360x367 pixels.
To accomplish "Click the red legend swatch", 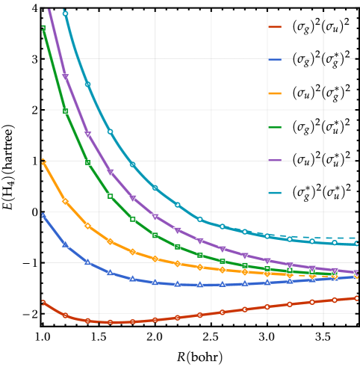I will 275,27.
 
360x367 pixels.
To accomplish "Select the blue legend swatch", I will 275,60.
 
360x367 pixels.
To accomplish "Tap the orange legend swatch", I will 275,93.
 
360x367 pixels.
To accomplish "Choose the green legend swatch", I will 275,127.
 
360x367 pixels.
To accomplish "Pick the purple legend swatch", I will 275,160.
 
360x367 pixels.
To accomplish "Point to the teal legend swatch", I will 275,193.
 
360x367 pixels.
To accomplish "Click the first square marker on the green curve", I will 43,28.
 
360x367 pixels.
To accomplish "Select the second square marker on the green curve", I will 65,111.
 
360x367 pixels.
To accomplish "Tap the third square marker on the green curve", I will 87,162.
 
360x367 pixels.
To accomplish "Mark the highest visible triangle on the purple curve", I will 65,77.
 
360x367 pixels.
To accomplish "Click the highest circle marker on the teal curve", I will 65,13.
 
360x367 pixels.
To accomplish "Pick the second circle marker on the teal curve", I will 87,84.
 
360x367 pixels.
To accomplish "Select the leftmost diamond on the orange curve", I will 43,161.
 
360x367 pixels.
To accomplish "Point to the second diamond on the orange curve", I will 65,201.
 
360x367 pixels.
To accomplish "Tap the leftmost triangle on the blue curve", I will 43,215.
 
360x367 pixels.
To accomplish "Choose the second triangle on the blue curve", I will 65,244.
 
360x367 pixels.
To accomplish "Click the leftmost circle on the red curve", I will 43,303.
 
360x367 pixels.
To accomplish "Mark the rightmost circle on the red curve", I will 356,298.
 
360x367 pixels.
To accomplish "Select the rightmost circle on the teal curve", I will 356,244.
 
